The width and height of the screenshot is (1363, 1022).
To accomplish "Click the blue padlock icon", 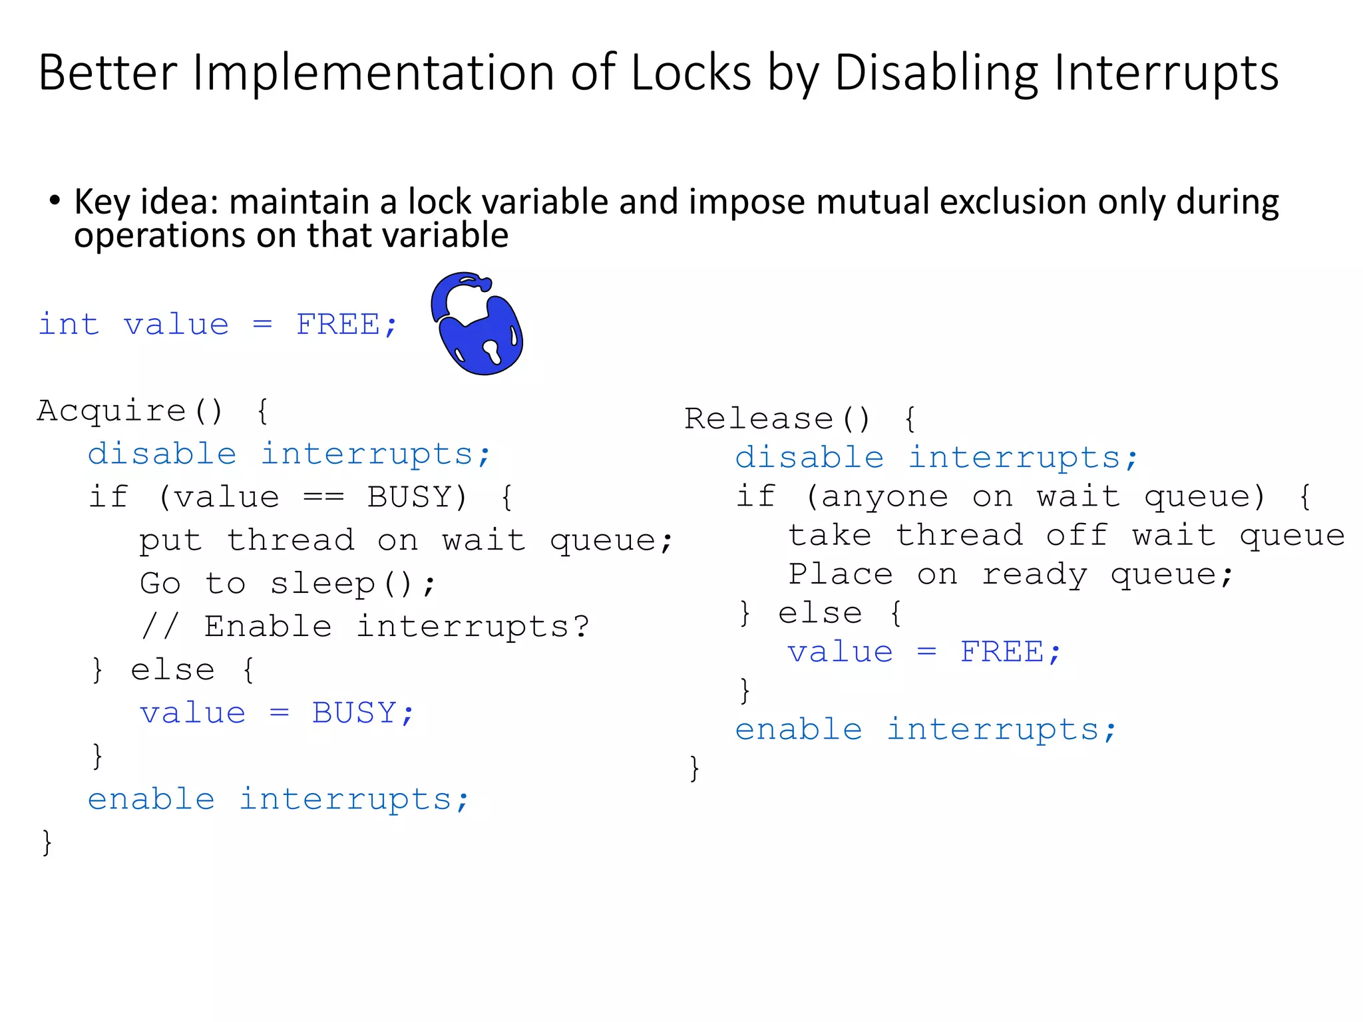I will pos(477,324).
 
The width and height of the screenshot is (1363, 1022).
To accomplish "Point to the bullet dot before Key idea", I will pos(55,200).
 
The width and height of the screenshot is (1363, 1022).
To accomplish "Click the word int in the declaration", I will pos(69,325).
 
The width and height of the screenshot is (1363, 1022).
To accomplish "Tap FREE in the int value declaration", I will pos(338,325).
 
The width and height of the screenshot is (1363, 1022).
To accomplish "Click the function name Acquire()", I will pos(130,411).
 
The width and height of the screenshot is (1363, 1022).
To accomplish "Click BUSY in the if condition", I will pos(416,497).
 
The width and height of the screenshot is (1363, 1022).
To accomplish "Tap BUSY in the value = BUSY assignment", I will pos(354,713).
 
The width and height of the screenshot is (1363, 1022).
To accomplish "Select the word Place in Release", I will pos(840,574).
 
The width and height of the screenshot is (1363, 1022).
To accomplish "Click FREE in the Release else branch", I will pos(1002,652).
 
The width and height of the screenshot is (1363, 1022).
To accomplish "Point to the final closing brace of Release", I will pos(694,768).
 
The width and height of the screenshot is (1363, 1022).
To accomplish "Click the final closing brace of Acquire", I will pos(47,842).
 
